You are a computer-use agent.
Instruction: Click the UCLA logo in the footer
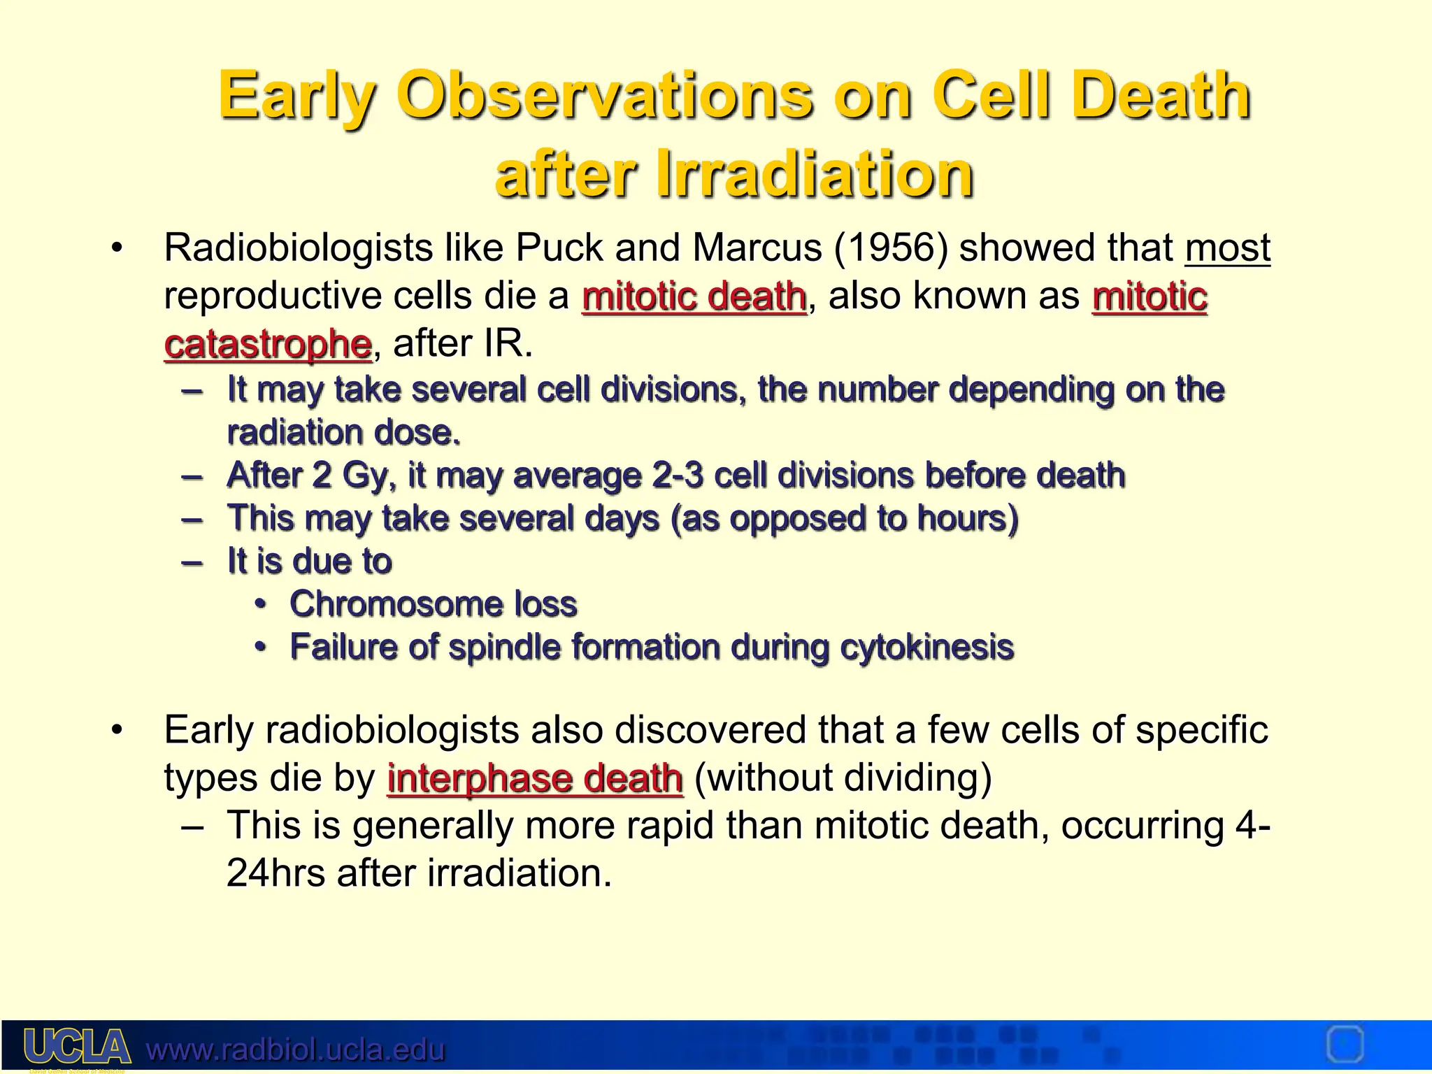(x=77, y=1047)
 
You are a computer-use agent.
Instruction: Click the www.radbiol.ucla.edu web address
(x=295, y=1050)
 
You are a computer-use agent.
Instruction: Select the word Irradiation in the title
(x=815, y=174)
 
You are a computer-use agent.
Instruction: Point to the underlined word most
(x=1227, y=248)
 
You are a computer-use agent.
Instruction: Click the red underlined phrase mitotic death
(x=694, y=296)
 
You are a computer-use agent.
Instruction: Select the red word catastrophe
(x=267, y=344)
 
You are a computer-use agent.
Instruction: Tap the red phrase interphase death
(x=535, y=778)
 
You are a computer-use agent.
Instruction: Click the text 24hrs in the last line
(x=276, y=873)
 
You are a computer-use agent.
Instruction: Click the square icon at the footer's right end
(x=1344, y=1045)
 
